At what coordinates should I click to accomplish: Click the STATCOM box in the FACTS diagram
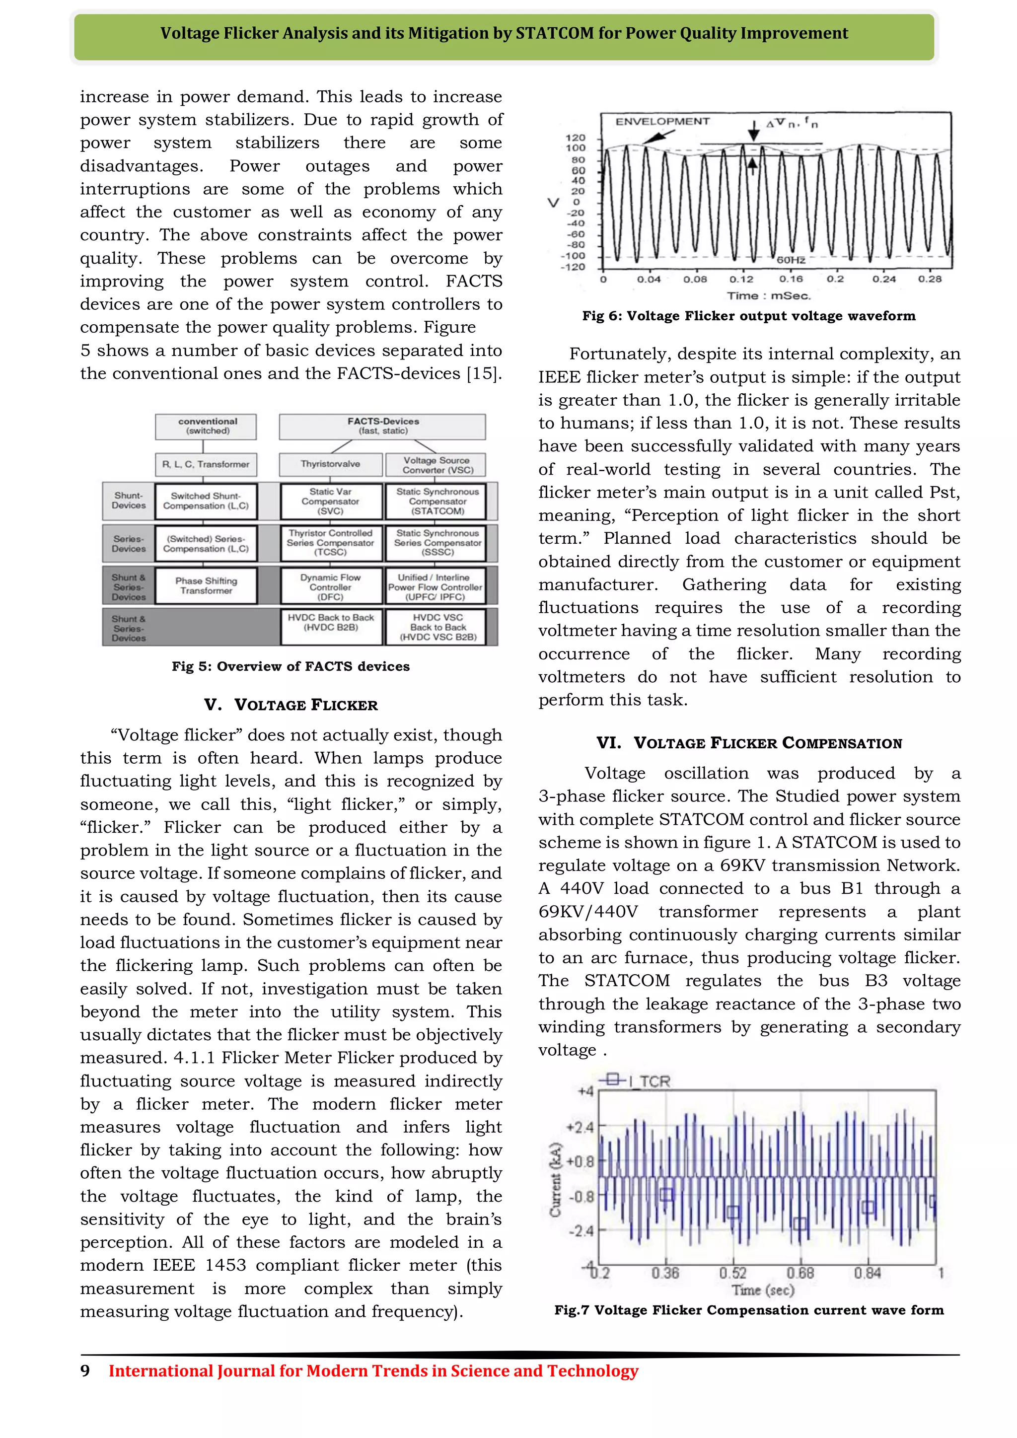tap(437, 501)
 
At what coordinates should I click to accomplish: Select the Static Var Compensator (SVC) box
tap(331, 501)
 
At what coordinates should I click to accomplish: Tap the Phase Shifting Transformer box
tap(206, 585)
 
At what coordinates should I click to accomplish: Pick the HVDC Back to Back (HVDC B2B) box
tap(331, 626)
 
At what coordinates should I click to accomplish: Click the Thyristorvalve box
tap(330, 464)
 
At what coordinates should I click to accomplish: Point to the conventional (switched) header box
tap(207, 426)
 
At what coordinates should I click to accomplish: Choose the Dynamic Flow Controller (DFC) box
tap(331, 586)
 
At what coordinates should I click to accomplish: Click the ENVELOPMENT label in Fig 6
tap(662, 122)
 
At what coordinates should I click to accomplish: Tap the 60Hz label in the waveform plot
tap(791, 260)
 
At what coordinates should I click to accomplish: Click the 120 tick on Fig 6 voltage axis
tap(575, 138)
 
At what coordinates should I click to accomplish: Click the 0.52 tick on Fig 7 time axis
tap(732, 1273)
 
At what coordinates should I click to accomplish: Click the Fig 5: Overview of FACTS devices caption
tap(291, 666)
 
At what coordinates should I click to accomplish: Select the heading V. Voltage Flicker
tap(291, 705)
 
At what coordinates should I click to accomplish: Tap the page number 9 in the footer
tap(85, 1371)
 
